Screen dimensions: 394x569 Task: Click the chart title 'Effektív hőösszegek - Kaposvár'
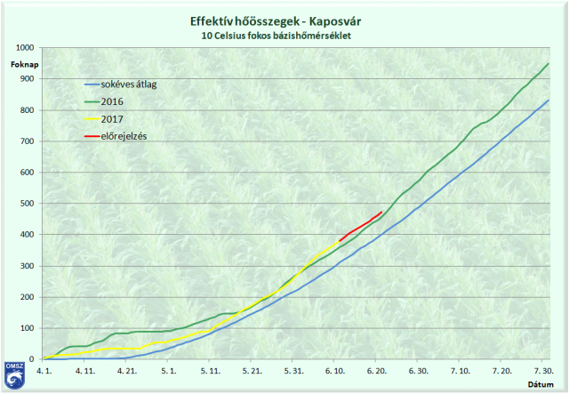284,20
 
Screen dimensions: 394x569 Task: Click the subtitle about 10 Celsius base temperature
284,36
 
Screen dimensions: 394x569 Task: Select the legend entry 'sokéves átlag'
130,84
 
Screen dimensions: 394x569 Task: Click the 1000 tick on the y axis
25,47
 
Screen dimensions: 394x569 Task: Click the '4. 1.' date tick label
43,369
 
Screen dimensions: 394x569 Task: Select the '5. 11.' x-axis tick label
211,369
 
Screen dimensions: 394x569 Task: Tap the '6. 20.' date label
378,369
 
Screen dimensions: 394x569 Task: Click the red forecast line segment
361,226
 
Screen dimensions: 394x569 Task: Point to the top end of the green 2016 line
549,63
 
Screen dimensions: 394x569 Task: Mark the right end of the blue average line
549,101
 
